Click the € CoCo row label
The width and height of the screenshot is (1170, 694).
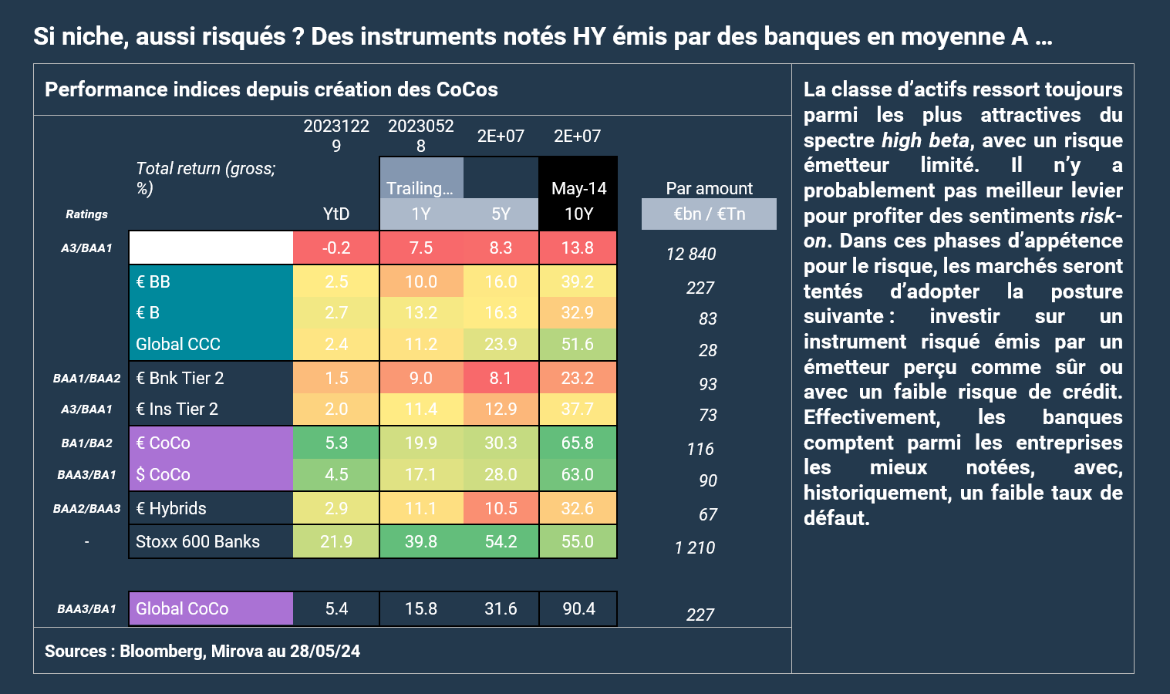coord(163,443)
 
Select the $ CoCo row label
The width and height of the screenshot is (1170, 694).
coord(163,474)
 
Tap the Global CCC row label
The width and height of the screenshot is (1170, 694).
coord(178,344)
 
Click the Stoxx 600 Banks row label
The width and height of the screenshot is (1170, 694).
coord(197,541)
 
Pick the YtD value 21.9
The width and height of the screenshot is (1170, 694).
coord(336,541)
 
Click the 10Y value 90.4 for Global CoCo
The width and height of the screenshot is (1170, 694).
coord(578,608)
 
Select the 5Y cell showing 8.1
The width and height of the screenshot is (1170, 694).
coord(501,378)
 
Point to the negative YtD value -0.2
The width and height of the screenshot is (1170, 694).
coord(336,248)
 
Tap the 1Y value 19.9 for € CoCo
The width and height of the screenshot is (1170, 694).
coord(421,443)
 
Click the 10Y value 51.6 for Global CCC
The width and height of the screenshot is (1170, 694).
coord(578,344)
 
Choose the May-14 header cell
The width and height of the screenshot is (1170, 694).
coord(578,188)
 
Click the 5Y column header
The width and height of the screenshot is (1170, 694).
coord(501,214)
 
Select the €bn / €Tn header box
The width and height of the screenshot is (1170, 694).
coord(709,214)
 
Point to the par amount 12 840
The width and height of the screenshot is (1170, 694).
coord(691,254)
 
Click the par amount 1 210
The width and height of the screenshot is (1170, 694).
coord(694,547)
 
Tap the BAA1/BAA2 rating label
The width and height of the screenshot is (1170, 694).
coord(86,379)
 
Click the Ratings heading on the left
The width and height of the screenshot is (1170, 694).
coord(86,214)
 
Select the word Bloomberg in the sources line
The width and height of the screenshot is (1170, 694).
coord(161,651)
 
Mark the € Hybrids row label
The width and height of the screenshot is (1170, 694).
coord(171,508)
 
